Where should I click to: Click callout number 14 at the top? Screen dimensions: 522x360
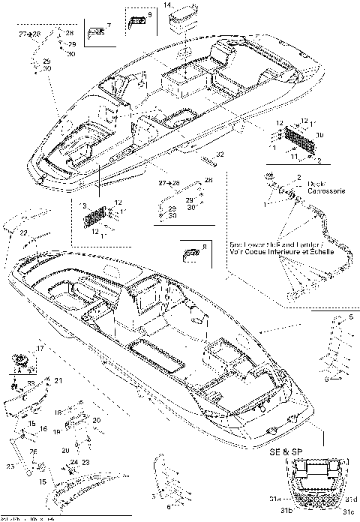tap(167, 4)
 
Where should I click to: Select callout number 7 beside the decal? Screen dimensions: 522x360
tap(109, 26)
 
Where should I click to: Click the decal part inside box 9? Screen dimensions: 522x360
tap(135, 20)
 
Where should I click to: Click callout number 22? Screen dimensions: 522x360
tap(24, 234)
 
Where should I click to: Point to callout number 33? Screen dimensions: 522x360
tap(30, 382)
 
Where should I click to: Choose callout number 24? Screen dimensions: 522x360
tap(74, 463)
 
